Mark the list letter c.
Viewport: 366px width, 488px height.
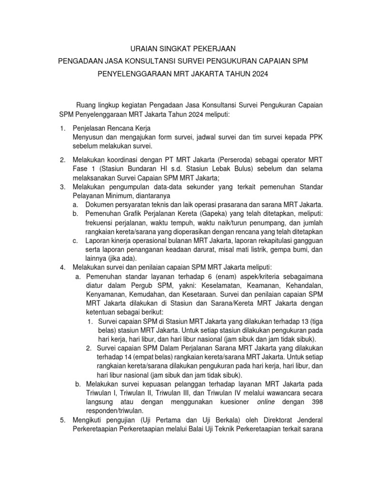[75, 240]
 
